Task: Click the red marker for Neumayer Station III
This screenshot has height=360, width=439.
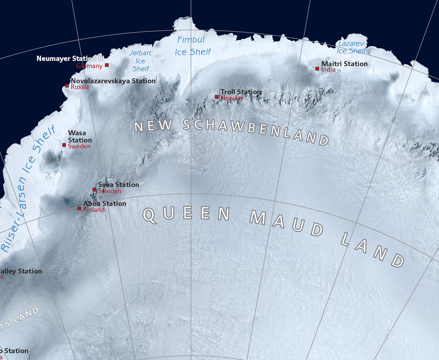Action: [x=107, y=65]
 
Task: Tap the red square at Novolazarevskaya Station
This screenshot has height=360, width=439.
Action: [x=67, y=86]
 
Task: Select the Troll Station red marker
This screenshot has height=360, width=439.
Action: [x=216, y=97]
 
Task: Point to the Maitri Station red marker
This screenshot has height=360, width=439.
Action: [x=317, y=69]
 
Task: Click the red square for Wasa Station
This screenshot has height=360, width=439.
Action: [x=64, y=145]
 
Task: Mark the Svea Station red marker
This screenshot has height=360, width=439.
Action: [x=94, y=189]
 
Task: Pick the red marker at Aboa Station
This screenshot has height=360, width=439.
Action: [x=79, y=208]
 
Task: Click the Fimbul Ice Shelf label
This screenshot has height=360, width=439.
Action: [x=192, y=46]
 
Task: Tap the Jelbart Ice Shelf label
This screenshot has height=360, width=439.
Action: [x=141, y=61]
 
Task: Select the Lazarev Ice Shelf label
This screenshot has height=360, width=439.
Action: [x=351, y=47]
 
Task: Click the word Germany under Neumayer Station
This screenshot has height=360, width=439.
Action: [x=89, y=66]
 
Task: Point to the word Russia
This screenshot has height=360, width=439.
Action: [x=80, y=87]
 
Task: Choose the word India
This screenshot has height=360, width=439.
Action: [x=328, y=70]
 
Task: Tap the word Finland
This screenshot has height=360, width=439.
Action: [x=94, y=209]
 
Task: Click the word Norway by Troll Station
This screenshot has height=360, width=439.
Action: [x=232, y=98]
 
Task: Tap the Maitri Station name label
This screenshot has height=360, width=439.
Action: [x=344, y=64]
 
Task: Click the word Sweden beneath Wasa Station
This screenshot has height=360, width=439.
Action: [x=79, y=146]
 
